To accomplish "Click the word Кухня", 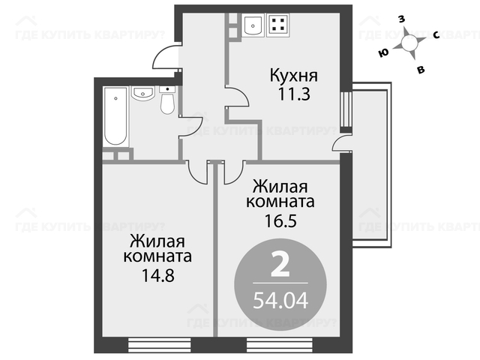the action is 293,76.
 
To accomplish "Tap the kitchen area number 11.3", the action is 293,94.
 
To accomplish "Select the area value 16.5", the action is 280,220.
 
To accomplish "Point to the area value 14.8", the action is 157,275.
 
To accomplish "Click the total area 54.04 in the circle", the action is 280,300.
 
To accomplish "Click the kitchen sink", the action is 253,25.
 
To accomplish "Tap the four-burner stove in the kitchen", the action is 277,25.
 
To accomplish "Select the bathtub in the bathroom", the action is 115,116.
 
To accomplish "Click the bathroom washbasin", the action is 142,93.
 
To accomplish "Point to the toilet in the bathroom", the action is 167,100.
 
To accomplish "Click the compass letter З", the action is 401,19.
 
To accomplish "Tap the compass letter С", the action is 436,35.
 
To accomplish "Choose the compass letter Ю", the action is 383,53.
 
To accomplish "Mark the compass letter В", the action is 421,70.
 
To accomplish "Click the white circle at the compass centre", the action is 409,43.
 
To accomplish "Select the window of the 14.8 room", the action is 159,345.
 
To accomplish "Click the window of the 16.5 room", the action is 280,345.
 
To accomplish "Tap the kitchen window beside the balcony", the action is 346,109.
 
